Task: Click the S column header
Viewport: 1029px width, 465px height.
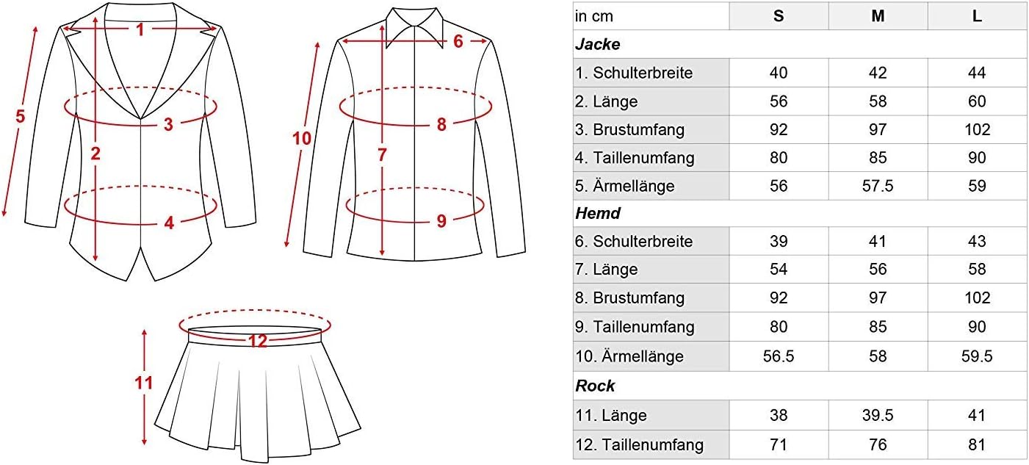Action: coord(779,16)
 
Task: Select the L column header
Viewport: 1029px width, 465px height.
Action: coord(977,16)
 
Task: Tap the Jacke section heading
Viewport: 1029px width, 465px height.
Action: coord(597,44)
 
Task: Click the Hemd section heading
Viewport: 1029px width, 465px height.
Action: coord(598,213)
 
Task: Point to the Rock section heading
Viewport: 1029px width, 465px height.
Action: coord(595,386)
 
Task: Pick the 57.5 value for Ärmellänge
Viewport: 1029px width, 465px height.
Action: coord(878,186)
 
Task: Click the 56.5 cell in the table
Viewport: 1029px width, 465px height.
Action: coord(779,356)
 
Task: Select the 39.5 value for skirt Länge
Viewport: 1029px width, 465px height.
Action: coord(878,415)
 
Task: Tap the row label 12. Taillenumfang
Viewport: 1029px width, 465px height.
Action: coord(640,444)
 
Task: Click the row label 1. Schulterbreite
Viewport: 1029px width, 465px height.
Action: coord(634,73)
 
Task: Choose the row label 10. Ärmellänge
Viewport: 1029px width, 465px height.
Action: coord(629,356)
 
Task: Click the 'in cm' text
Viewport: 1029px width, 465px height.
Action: coord(594,16)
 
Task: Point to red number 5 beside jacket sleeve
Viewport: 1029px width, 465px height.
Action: coord(21,116)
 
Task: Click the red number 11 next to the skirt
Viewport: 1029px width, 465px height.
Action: coord(143,383)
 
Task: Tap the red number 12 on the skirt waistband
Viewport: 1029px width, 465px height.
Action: coord(258,341)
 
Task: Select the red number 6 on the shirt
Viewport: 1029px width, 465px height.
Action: coord(458,41)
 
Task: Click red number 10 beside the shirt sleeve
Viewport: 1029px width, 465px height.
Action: coord(302,138)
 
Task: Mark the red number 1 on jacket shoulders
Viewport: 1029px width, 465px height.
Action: coord(140,30)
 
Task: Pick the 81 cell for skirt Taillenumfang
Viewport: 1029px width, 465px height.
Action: coord(977,444)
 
